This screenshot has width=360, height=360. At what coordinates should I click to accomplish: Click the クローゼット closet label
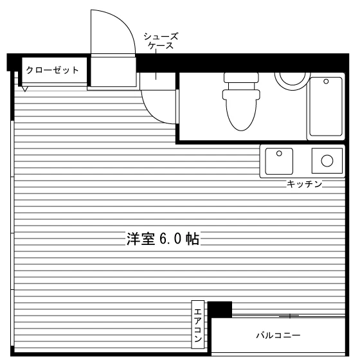[52, 70]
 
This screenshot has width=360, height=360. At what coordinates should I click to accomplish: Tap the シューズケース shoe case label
[161, 41]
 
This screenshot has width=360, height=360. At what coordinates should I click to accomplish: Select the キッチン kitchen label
[304, 184]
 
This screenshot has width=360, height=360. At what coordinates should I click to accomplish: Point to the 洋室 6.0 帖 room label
[163, 239]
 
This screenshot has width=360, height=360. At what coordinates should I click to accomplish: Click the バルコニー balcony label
[278, 336]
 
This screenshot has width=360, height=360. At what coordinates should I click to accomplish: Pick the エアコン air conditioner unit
[198, 325]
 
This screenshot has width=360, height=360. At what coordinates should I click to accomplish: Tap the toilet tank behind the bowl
[241, 78]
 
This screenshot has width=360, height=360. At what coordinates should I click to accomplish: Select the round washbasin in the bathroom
[292, 81]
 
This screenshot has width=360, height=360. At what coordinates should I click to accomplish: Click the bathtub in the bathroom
[326, 107]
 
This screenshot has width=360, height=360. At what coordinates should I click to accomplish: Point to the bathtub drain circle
[326, 82]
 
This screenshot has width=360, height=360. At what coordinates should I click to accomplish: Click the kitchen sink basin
[279, 161]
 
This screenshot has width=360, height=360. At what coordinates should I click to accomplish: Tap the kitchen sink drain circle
[279, 154]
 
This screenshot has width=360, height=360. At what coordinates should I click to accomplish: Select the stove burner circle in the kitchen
[327, 161]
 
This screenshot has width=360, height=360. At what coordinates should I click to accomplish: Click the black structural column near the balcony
[220, 309]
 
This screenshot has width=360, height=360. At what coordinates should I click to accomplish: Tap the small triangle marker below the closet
[24, 89]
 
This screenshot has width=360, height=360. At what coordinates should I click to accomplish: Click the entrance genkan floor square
[113, 71]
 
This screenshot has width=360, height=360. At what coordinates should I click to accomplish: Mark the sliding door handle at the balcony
[290, 316]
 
